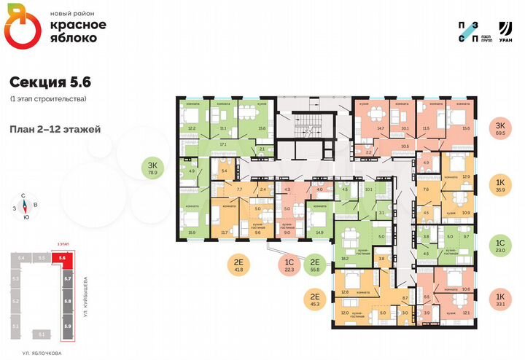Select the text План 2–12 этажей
click(55, 129)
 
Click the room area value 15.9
click(192, 232)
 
